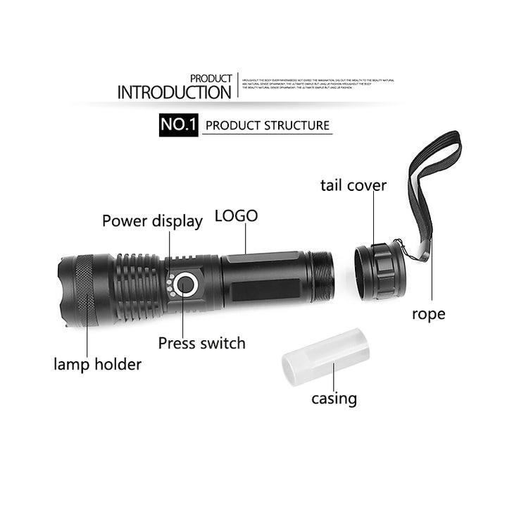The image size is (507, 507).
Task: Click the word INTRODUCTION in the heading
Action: pos(174,92)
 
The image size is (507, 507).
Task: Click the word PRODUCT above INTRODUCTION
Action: pos(211,78)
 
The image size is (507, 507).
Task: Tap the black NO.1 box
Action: pos(178,125)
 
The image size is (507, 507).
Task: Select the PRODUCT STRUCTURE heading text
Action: pos(267,126)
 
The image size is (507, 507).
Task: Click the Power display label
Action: pos(152,221)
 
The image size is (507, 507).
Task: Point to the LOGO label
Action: pos(236,215)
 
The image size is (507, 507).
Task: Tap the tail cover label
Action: pos(353,186)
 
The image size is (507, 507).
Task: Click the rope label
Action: pos(428,314)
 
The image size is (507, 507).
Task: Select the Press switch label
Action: pos(201,344)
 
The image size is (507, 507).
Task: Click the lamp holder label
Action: pos(97,364)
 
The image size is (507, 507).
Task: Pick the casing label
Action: pos(334,399)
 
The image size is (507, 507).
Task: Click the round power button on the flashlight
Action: pos(186,284)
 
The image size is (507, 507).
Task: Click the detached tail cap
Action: pos(380,270)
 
